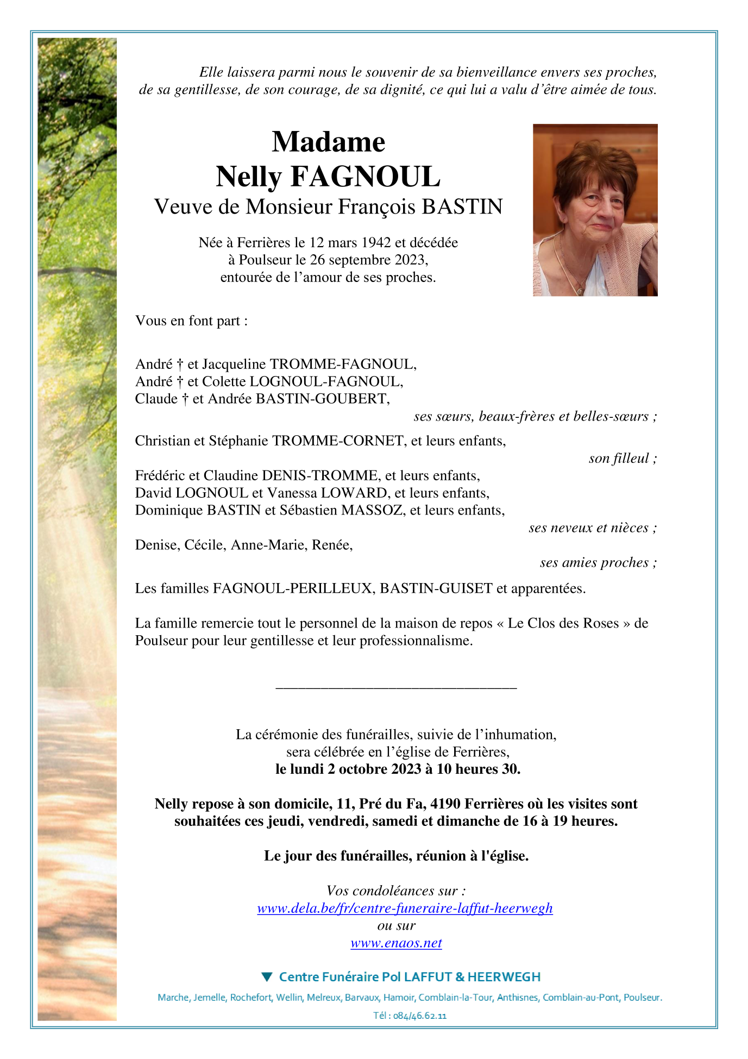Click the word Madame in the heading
pos(328,142)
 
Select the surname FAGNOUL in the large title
pos(366,177)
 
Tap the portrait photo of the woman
pos(595,210)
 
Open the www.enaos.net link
pos(396,943)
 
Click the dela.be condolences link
pos(405,908)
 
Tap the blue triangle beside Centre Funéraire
pos(266,977)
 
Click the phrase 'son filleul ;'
pos(623,459)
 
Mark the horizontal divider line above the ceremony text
pos(396,689)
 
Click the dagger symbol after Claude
pos(185,399)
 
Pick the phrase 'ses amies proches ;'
pos(598,563)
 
